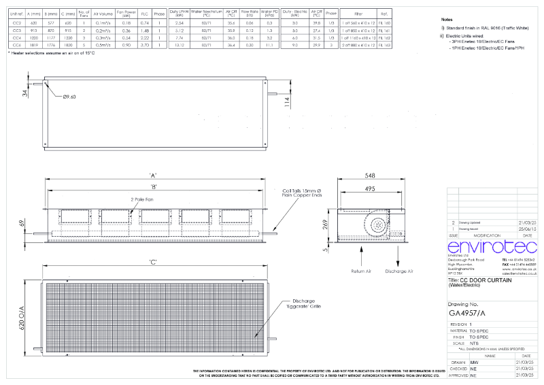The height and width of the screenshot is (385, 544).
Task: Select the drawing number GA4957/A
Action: [469, 314]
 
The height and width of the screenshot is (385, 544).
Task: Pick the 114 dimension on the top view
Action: [288, 101]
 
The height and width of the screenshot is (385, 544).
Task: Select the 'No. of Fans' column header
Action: [84, 13]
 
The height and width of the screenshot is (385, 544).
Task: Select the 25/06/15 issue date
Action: [528, 229]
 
